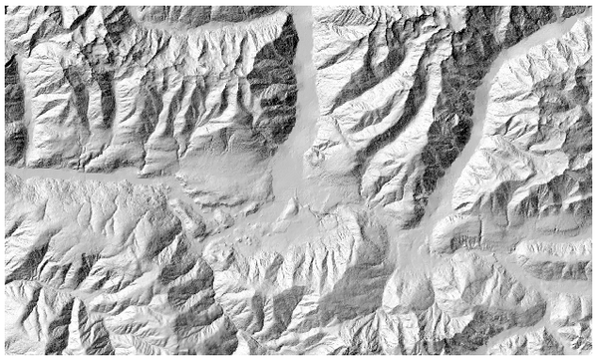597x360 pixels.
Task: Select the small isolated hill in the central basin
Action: tap(290, 209)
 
